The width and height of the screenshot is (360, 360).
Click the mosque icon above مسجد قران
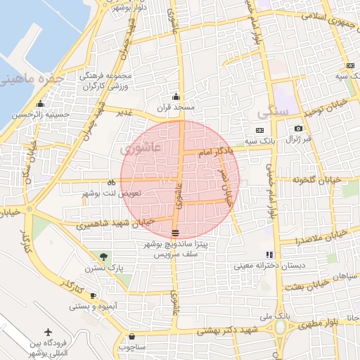click(x=176, y=97)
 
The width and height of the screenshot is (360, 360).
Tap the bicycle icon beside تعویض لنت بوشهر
click(x=112, y=182)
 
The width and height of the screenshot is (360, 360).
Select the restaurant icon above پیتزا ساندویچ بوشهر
click(x=175, y=233)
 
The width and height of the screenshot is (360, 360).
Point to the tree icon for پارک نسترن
click(x=104, y=256)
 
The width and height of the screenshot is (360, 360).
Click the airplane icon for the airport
click(x=48, y=331)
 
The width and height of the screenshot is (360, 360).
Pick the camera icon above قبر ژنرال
click(x=299, y=129)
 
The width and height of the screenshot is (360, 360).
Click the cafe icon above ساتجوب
click(x=131, y=337)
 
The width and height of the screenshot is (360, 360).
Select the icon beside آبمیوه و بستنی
click(x=94, y=293)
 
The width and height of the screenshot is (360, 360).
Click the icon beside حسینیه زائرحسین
click(x=16, y=114)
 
